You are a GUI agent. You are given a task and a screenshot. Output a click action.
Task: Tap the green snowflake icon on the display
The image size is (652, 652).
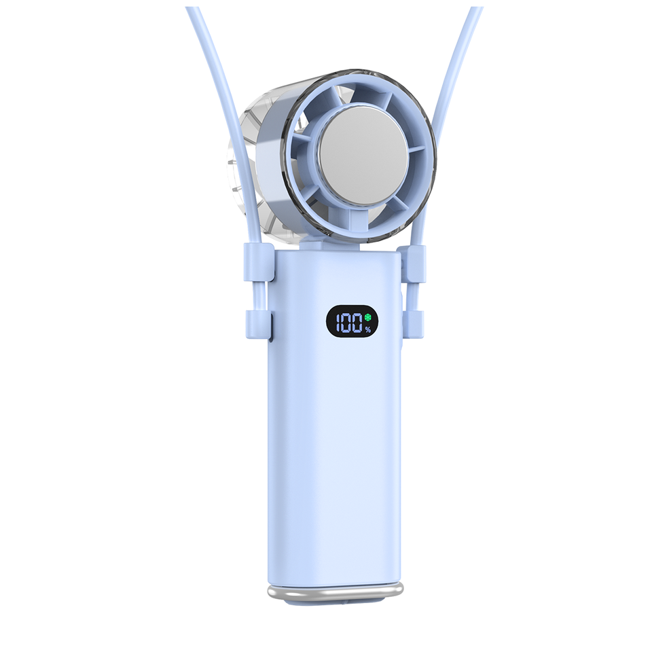pyautogui.click(x=367, y=318)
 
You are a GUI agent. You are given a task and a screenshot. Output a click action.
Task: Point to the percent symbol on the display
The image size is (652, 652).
pyautogui.click(x=367, y=330)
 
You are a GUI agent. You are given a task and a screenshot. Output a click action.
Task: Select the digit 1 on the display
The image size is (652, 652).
pyautogui.click(x=338, y=323)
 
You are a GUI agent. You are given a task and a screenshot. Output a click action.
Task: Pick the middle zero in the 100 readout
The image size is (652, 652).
pyautogui.click(x=346, y=323)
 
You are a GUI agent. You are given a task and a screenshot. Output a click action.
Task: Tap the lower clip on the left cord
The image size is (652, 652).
pyautogui.click(x=258, y=324)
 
